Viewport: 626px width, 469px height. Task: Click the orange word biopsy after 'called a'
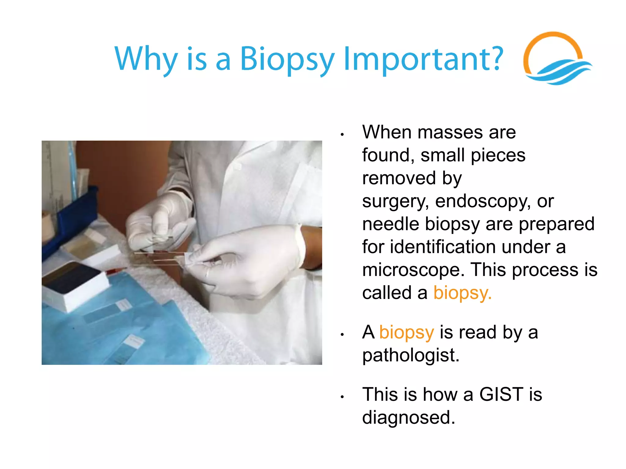pyautogui.click(x=462, y=293)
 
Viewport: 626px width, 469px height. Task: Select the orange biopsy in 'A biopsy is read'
pyautogui.click(x=407, y=333)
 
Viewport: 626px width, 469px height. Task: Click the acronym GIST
pyautogui.click(x=501, y=394)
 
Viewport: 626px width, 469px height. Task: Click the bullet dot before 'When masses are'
pyautogui.click(x=343, y=135)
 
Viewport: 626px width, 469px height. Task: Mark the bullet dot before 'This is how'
pyautogui.click(x=343, y=397)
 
